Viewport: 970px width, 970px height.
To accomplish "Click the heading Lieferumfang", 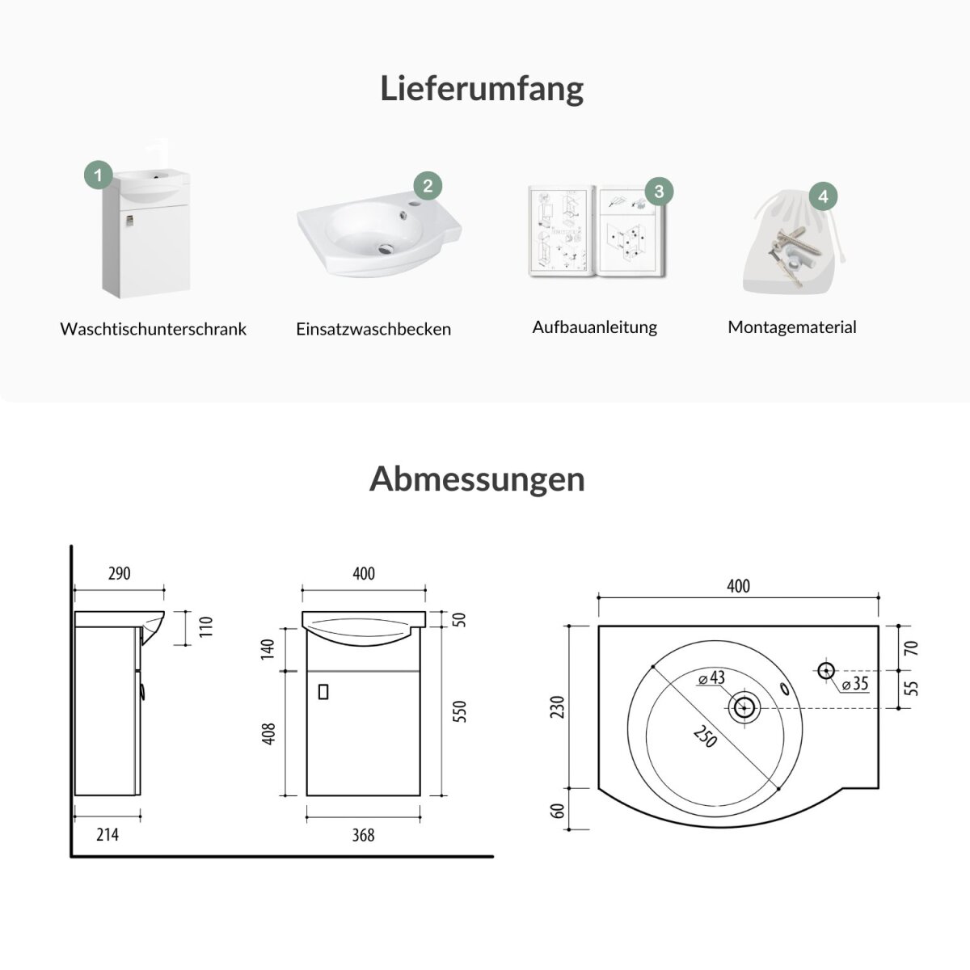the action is (x=482, y=89).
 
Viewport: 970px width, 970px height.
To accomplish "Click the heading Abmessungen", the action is (x=477, y=479).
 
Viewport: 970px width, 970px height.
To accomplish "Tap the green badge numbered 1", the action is (x=98, y=175).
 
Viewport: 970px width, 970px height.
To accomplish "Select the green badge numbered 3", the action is (x=659, y=192).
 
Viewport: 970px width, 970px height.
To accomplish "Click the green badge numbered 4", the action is (x=823, y=196).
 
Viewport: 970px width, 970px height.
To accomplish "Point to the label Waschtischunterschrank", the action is (x=153, y=329).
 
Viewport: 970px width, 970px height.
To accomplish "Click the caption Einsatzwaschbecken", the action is (x=373, y=329).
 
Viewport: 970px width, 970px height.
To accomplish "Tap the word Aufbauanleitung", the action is (x=594, y=327).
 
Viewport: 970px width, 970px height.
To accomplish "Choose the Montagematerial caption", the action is (x=792, y=327).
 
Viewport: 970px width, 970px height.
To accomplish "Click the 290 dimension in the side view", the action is (x=120, y=573).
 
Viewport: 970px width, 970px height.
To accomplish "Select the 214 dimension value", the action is (x=108, y=834).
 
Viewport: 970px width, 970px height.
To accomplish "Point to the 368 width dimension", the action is (x=363, y=835).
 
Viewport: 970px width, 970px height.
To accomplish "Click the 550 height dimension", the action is (x=460, y=711).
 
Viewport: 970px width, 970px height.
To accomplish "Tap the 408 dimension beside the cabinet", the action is (x=269, y=733).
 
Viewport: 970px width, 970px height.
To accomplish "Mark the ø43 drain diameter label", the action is (x=711, y=678).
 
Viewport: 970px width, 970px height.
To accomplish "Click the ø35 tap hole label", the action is (x=855, y=684).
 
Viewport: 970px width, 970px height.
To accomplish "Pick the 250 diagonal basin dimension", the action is (x=705, y=736).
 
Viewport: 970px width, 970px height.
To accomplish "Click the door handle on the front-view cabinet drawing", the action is (x=323, y=692).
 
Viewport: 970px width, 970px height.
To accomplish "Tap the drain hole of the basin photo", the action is (x=386, y=247).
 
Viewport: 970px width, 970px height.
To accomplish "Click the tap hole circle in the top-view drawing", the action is (x=826, y=670).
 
